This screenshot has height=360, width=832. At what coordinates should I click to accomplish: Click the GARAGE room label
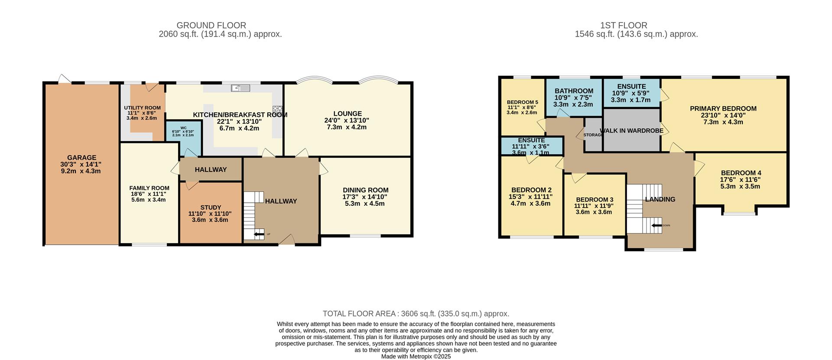[81, 158]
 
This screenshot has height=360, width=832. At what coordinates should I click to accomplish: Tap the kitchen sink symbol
[240, 88]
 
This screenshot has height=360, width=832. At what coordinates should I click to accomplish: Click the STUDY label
[211, 208]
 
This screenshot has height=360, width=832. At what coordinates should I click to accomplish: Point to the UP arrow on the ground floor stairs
[259, 234]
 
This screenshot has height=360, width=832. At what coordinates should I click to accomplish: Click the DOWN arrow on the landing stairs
[656, 225]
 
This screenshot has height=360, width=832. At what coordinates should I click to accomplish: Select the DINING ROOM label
[365, 190]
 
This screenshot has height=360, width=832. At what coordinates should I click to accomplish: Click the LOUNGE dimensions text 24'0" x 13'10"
[347, 120]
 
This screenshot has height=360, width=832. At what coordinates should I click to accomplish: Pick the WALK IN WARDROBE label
[631, 130]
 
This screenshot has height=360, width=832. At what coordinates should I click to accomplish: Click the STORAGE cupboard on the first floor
[593, 135]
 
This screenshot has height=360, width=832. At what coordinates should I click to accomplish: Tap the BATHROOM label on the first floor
[574, 91]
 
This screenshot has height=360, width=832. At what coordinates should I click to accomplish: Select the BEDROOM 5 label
[522, 103]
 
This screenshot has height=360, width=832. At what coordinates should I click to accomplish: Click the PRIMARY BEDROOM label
[723, 109]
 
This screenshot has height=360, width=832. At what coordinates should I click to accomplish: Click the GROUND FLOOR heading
[211, 26]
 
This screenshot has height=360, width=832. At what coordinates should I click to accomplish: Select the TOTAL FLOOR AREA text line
[416, 314]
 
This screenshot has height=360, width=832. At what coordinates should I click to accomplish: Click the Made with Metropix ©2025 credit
[416, 357]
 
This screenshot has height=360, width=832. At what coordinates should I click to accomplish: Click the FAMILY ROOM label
[149, 188]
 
